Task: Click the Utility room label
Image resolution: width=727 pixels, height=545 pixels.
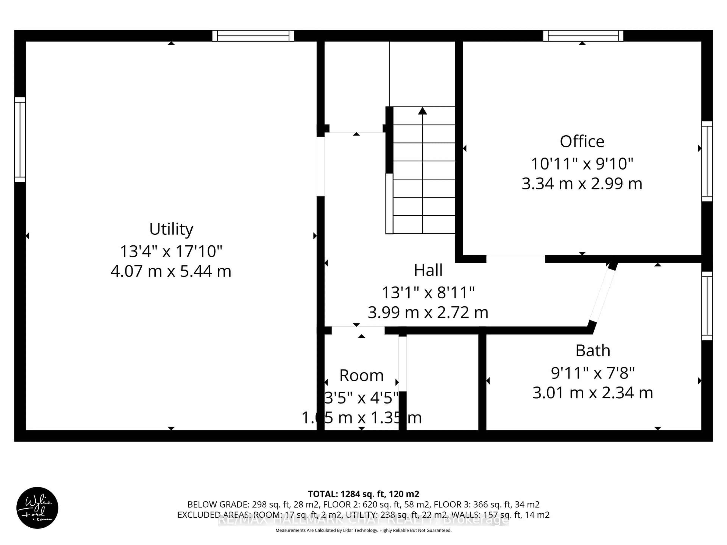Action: (x=171, y=229)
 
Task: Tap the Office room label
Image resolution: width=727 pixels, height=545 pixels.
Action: (x=582, y=142)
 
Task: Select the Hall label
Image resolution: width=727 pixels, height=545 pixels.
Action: (x=428, y=270)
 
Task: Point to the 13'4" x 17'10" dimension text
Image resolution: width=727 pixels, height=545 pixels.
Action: (x=171, y=251)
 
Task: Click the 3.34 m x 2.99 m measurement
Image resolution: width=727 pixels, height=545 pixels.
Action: (x=582, y=183)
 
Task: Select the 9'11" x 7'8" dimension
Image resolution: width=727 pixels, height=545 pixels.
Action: (x=593, y=373)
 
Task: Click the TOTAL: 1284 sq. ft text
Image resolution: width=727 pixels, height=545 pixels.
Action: (x=363, y=494)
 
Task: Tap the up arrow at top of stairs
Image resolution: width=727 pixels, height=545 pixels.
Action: (x=422, y=111)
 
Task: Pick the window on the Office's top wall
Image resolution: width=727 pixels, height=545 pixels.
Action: (x=583, y=35)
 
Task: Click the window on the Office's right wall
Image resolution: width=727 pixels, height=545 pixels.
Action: (x=707, y=161)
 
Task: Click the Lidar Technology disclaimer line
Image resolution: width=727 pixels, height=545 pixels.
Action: (x=363, y=530)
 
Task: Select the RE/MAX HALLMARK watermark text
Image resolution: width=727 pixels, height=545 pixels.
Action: (x=363, y=519)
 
